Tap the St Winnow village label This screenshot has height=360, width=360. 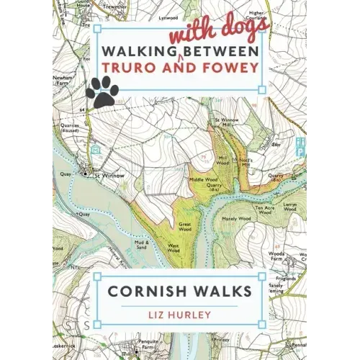[105, 174]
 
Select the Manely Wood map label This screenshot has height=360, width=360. [236, 218]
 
